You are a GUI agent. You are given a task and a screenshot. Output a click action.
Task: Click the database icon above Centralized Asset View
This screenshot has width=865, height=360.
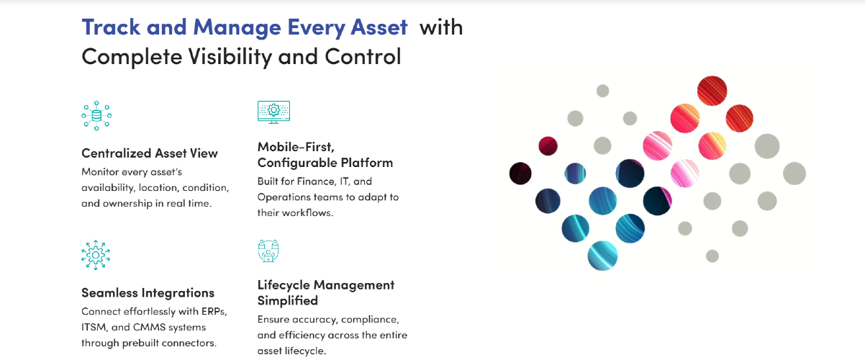click(x=96, y=116)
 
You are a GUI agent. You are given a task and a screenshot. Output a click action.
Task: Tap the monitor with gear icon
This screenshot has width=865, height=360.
click(x=273, y=112)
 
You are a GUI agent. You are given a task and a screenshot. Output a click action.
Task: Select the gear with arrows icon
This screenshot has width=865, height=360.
click(x=96, y=255)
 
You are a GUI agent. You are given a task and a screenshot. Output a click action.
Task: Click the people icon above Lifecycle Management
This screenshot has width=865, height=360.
click(x=268, y=251)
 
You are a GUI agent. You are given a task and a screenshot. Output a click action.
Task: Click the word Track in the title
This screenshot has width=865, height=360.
click(x=111, y=27)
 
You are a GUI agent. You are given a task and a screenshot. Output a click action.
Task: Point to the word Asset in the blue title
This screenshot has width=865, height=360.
click(x=379, y=27)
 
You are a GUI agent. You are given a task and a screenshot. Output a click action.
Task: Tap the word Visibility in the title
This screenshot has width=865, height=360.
click(x=230, y=57)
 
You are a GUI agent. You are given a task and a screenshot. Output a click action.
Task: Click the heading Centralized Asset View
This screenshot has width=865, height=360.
click(x=150, y=153)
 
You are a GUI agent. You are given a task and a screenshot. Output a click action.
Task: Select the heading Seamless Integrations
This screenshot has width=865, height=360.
click(x=148, y=293)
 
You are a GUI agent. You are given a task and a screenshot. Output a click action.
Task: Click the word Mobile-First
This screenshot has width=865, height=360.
click(x=296, y=147)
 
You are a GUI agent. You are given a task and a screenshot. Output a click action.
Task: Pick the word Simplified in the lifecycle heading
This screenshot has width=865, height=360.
click(x=288, y=300)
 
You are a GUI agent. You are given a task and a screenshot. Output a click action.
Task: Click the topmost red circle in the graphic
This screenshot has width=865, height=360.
click(x=712, y=91)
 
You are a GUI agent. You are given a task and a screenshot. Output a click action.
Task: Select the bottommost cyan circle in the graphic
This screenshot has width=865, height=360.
click(x=602, y=256)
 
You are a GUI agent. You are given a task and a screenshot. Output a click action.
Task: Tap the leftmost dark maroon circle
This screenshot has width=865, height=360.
click(x=520, y=174)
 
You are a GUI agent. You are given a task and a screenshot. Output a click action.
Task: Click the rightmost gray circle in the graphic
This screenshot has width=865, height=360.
click(x=794, y=174)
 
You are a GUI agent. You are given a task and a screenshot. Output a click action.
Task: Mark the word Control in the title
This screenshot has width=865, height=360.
click(x=363, y=57)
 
